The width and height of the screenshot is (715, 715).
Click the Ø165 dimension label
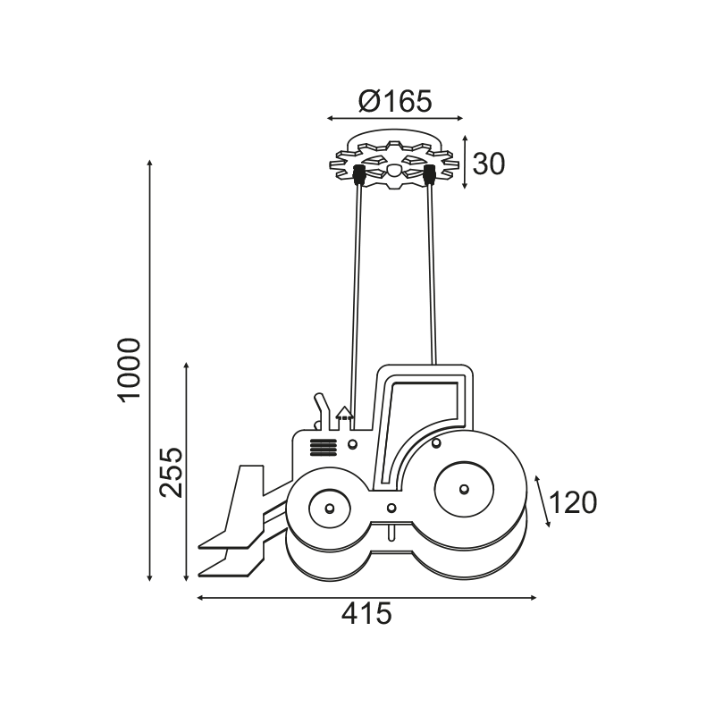(395, 101)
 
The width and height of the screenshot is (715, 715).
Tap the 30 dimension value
(489, 164)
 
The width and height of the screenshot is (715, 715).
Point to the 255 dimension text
(171, 472)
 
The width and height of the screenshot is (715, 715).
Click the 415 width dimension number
(366, 614)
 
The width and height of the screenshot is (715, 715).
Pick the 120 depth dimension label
(573, 502)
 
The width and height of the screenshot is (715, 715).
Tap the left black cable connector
(359, 175)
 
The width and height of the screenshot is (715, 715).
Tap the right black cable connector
(429, 175)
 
